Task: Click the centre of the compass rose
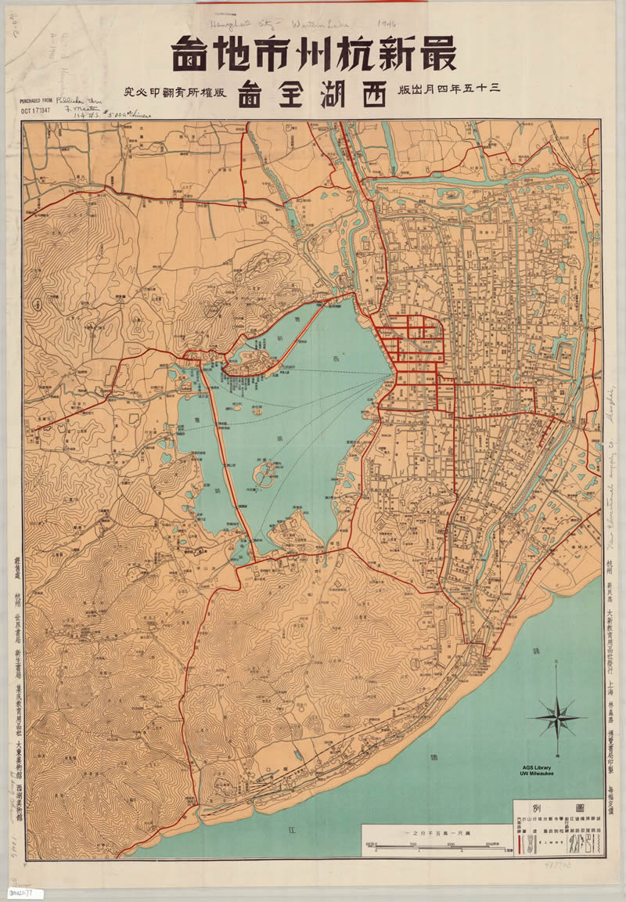(x=557, y=716)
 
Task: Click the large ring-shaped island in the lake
(x=268, y=472)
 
